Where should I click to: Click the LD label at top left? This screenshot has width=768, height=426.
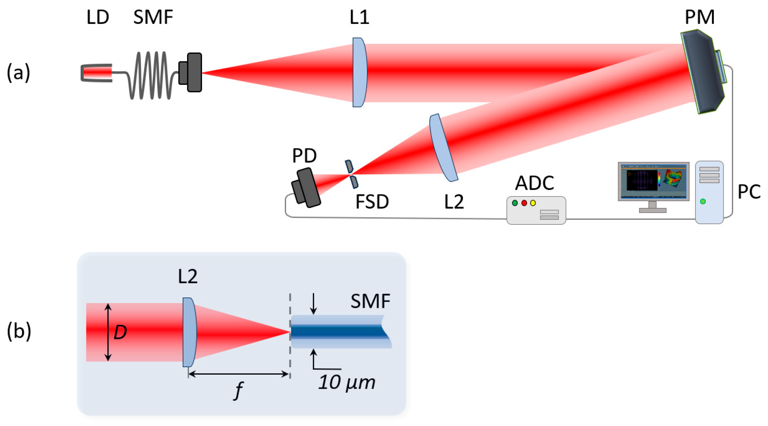click(x=97, y=17)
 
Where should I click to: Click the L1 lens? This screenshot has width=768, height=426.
click(x=359, y=72)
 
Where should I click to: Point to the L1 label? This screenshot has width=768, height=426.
click(x=359, y=17)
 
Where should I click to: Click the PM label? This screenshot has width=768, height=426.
click(x=700, y=17)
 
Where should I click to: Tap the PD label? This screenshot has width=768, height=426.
click(x=304, y=155)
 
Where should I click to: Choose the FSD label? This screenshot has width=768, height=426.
click(x=372, y=201)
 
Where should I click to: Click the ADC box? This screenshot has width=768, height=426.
click(x=536, y=210)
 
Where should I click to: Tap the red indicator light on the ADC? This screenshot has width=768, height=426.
click(x=524, y=203)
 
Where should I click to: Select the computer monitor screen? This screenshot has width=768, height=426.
click(x=653, y=181)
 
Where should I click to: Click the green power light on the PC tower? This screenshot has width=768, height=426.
click(x=703, y=201)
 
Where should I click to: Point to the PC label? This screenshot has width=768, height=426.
click(x=749, y=192)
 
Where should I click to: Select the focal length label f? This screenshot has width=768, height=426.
click(x=238, y=390)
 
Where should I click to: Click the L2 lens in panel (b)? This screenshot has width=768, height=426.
click(x=189, y=332)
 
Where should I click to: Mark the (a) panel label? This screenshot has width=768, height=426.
click(x=18, y=73)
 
